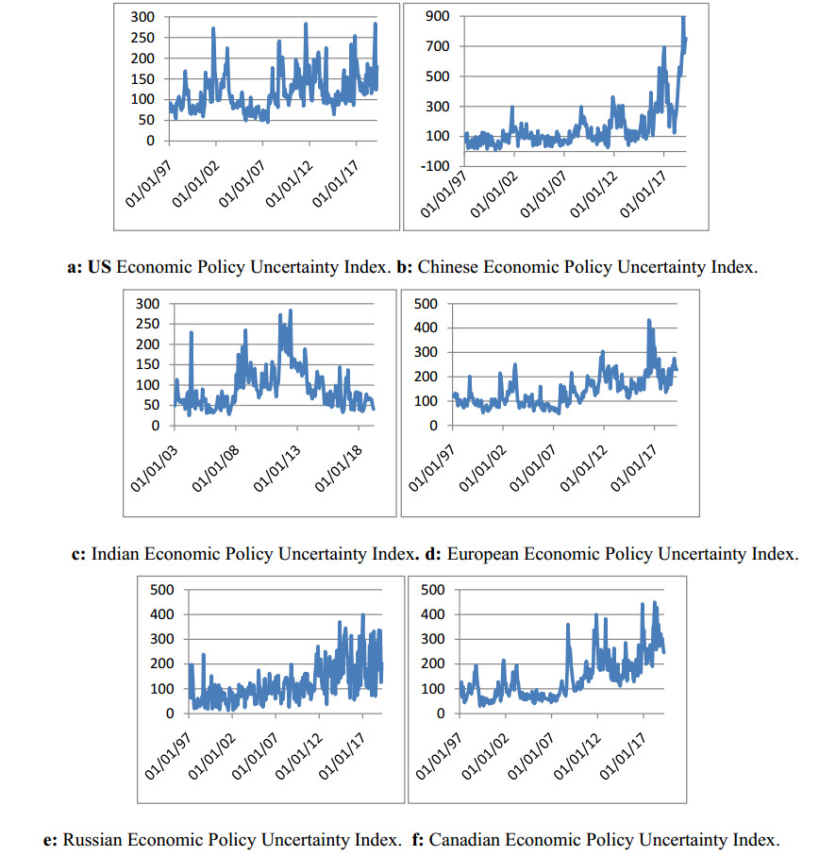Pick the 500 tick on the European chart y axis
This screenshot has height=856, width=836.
[x=427, y=304]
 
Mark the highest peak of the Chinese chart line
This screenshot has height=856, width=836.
[x=683, y=18]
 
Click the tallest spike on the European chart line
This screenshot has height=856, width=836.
[x=649, y=321]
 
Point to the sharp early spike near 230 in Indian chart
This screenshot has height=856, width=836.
[x=192, y=332]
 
